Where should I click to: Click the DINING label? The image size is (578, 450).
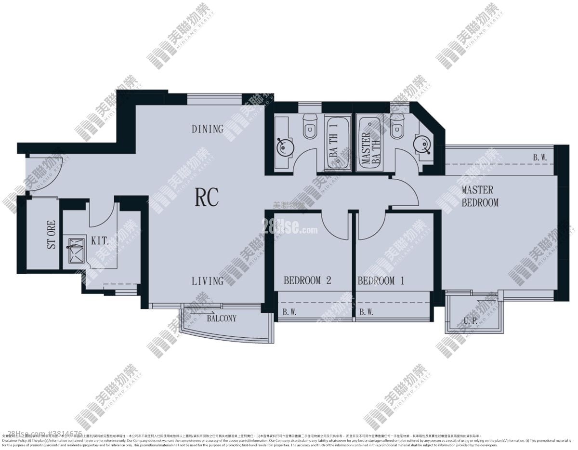(208, 129)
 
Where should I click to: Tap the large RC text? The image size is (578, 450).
(207, 197)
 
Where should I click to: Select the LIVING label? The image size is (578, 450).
(208, 281)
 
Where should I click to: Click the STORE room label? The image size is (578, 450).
(51, 235)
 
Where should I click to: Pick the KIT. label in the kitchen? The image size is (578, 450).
(99, 240)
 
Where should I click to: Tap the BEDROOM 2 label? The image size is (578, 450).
(307, 280)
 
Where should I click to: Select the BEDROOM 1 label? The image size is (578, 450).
(381, 280)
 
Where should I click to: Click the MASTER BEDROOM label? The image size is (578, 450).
(480, 196)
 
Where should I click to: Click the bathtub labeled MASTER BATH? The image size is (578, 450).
(371, 143)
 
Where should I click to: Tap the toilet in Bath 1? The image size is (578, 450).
(309, 127)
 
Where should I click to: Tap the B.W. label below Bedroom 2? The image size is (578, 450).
(289, 312)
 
